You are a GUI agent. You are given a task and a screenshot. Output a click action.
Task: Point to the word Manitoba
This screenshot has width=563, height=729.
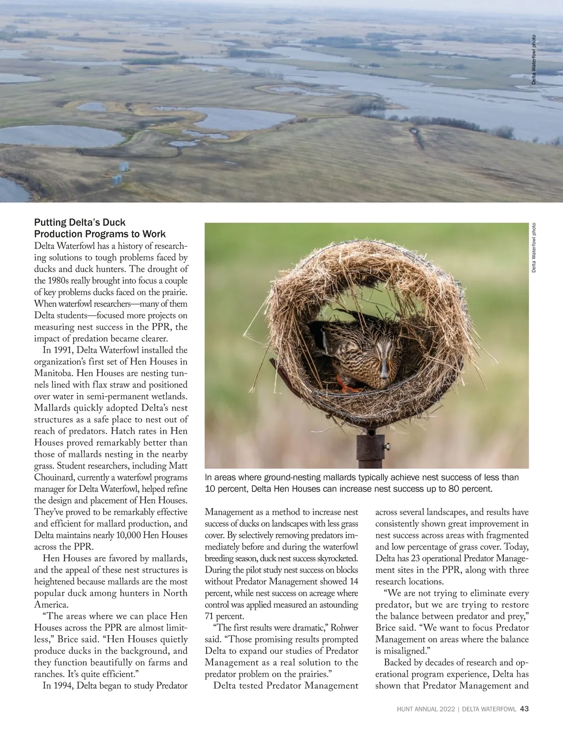click(x=53, y=374)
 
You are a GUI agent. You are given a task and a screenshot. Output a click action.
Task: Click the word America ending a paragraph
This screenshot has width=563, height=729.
click(x=51, y=605)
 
